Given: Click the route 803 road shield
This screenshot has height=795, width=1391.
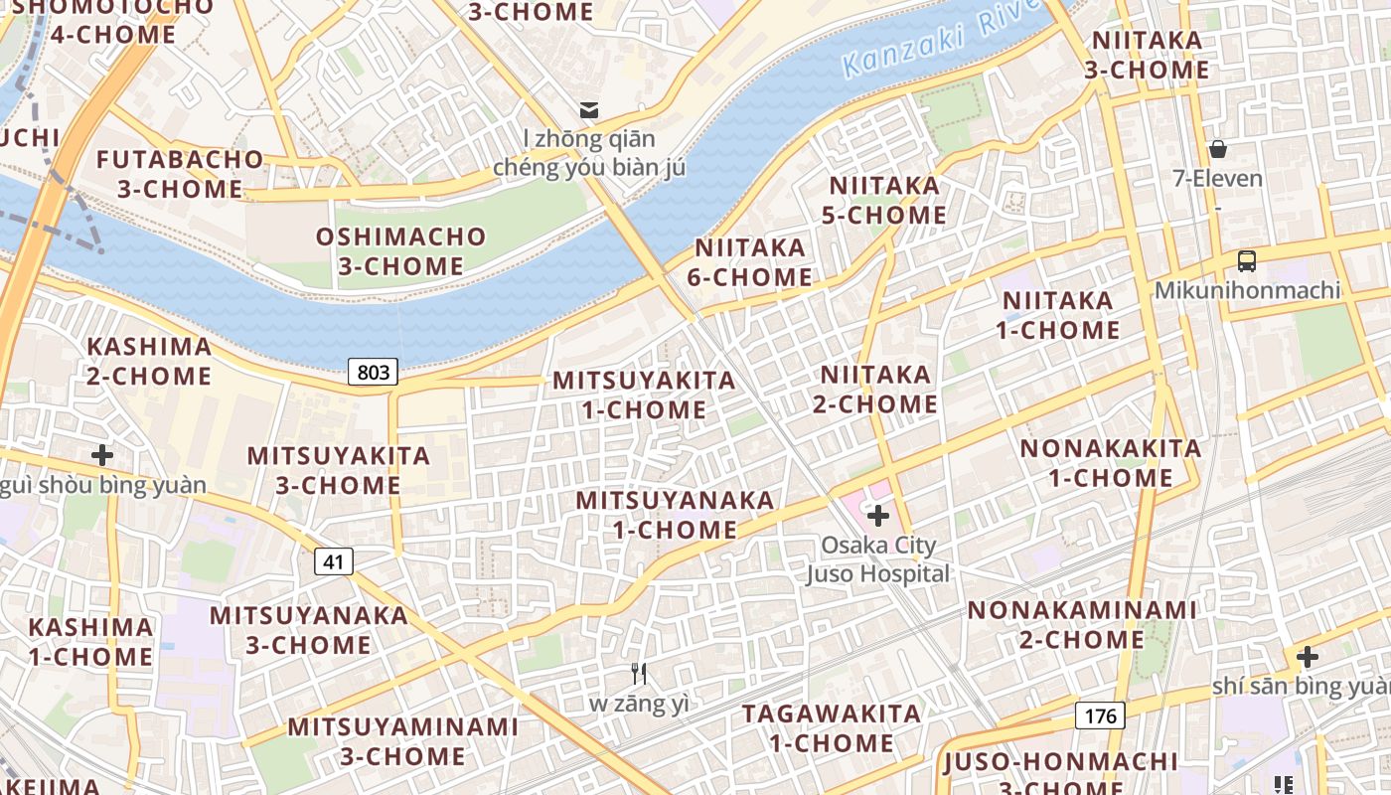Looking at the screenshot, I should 374,372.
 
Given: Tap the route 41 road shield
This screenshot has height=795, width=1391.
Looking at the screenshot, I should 334,561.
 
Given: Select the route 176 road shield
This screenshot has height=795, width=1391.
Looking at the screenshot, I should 1100,715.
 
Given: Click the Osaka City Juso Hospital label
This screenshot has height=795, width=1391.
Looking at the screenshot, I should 877,559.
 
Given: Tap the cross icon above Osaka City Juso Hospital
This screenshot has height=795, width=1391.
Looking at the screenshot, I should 878,516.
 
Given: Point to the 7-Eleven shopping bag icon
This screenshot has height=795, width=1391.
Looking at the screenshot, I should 1218,149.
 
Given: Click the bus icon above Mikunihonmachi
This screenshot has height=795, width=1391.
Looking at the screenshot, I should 1247,261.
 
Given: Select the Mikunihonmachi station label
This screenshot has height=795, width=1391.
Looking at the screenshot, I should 1247,290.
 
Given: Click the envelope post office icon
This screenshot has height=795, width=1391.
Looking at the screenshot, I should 590,108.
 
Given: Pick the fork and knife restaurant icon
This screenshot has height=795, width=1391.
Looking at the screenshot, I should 639,674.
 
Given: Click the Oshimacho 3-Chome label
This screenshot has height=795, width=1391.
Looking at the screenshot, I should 401,251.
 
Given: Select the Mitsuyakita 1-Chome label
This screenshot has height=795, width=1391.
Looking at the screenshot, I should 644,395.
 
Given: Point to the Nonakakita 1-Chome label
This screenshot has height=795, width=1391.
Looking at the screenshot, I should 1111,463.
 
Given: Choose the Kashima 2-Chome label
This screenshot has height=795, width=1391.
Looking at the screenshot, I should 149,361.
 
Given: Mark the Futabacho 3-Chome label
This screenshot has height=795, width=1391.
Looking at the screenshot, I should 180,174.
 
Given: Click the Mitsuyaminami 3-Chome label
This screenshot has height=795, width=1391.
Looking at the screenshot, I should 402,741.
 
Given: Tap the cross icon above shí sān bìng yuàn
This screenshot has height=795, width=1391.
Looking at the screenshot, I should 1308,657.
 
